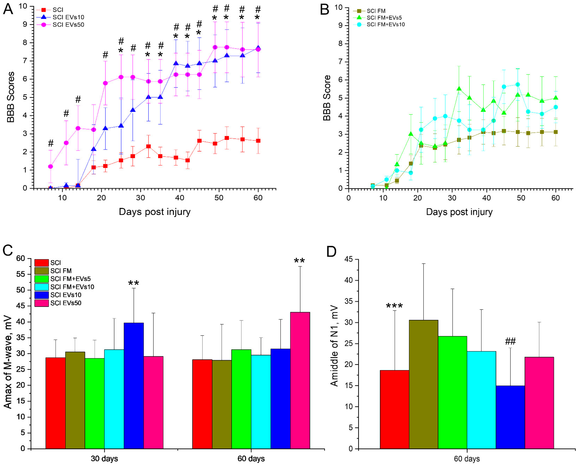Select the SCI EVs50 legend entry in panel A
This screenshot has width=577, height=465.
tap(68, 25)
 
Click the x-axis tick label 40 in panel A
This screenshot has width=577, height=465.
tap(180, 198)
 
